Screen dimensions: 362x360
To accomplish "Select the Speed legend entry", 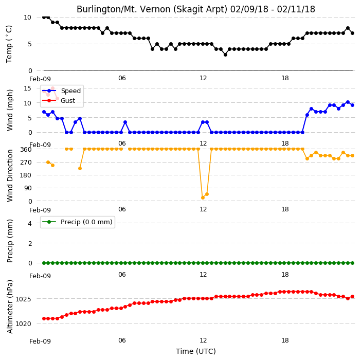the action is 61,91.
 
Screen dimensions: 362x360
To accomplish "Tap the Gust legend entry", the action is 59,101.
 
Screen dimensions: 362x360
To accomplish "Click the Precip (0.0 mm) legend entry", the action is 77,222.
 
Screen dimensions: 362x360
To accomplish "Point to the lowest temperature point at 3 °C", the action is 225,55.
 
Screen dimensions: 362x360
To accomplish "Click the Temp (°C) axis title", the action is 9,44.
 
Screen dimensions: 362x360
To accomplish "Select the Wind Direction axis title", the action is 10,175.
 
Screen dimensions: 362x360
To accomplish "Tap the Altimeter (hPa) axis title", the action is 10,307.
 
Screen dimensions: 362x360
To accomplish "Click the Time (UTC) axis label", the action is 196,351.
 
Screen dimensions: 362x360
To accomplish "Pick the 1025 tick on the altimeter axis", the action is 23,299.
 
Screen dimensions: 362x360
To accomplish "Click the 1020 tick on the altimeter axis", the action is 23,324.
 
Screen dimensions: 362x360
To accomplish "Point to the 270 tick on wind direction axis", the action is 26,163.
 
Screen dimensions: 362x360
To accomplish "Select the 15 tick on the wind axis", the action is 27,88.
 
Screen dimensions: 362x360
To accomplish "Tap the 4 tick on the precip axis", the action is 30,223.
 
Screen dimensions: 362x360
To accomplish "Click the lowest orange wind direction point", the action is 203,197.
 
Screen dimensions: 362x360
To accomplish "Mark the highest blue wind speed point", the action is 348,102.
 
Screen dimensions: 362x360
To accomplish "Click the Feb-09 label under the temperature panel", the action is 40,79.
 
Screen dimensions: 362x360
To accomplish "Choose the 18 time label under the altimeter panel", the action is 285,340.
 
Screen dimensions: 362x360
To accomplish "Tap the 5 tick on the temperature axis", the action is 30,44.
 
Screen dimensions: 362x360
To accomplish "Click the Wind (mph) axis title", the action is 10,110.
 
